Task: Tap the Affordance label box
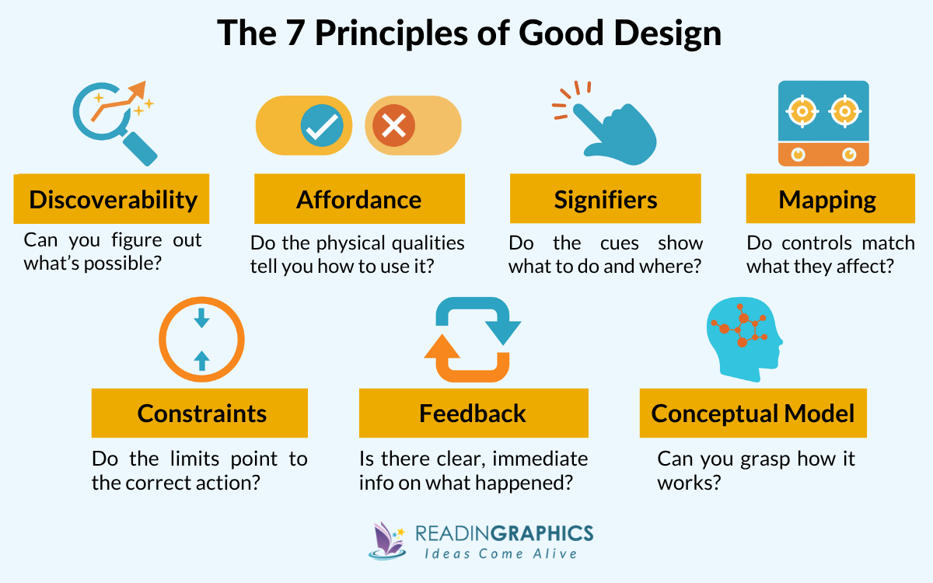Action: pyautogui.click(x=359, y=199)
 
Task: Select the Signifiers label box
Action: pyautogui.click(x=605, y=199)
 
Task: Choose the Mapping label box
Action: pyautogui.click(x=826, y=199)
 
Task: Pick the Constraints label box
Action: pyautogui.click(x=200, y=413)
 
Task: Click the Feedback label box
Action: pyautogui.click(x=472, y=413)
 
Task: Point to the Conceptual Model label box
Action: pyautogui.click(x=753, y=413)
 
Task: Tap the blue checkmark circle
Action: pyautogui.click(x=319, y=125)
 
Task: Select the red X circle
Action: pyautogui.click(x=393, y=125)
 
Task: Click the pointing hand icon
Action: pyautogui.click(x=614, y=128)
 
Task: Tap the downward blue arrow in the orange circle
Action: pyautogui.click(x=201, y=317)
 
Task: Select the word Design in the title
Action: pyautogui.click(x=666, y=33)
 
